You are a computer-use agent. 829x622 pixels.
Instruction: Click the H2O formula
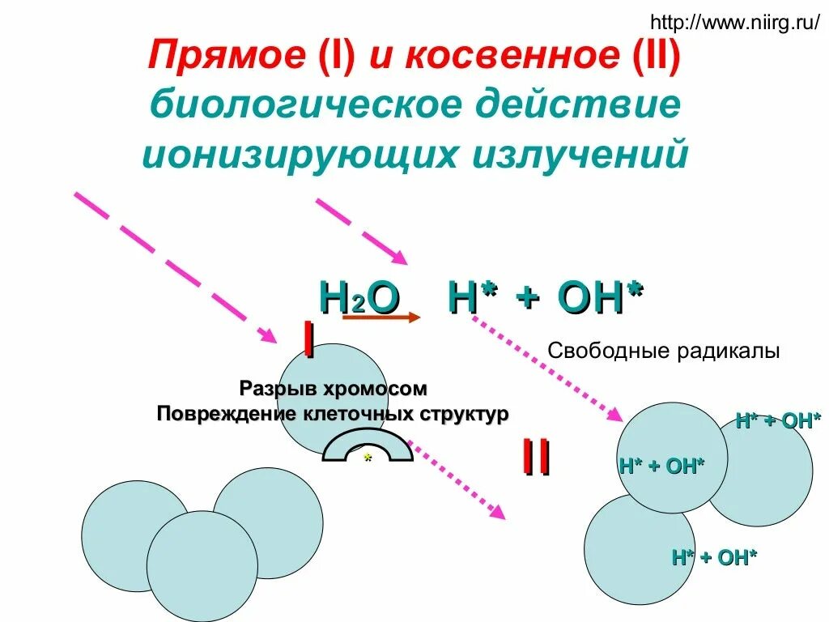click(x=359, y=299)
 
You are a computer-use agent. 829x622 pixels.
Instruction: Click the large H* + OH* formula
click(x=546, y=299)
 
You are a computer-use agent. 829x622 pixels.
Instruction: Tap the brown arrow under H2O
click(x=381, y=318)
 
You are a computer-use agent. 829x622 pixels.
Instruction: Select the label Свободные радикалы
click(x=663, y=351)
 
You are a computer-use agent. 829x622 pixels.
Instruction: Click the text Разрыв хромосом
click(x=333, y=389)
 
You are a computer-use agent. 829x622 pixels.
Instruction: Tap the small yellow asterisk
click(x=368, y=458)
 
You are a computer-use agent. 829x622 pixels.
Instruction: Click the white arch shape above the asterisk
click(x=368, y=441)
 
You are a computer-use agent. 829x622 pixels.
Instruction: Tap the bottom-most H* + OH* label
click(x=714, y=557)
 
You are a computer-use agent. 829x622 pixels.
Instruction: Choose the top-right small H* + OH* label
click(x=778, y=421)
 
